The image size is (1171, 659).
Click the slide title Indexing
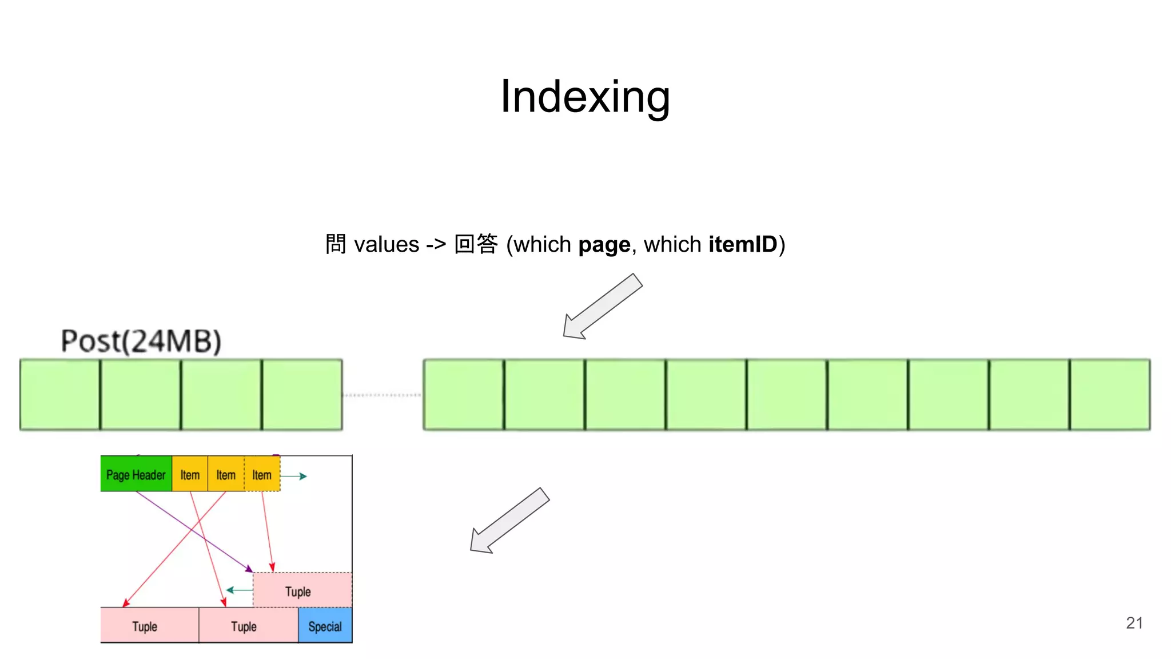pyautogui.click(x=585, y=97)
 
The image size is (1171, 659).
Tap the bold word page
pyautogui.click(x=604, y=245)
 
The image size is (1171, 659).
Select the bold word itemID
pyautogui.click(x=743, y=244)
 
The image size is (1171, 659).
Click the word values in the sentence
pyautogui.click(x=387, y=245)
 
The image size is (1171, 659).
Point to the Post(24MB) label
pyautogui.click(x=141, y=341)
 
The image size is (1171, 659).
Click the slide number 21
pyautogui.click(x=1134, y=623)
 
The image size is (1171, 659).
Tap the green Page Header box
pyautogui.click(x=136, y=474)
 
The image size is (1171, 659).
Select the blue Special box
pyautogui.click(x=325, y=626)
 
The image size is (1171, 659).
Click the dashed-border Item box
pyautogui.click(x=262, y=474)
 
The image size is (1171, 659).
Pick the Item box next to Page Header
pyautogui.click(x=190, y=474)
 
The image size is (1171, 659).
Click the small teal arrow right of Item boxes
pyautogui.click(x=294, y=476)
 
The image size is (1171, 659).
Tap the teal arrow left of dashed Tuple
pyautogui.click(x=239, y=590)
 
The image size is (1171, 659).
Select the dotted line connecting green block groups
pyautogui.click(x=382, y=395)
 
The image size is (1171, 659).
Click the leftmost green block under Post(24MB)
pyautogui.click(x=60, y=395)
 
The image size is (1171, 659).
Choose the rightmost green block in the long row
pyautogui.click(x=1110, y=395)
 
